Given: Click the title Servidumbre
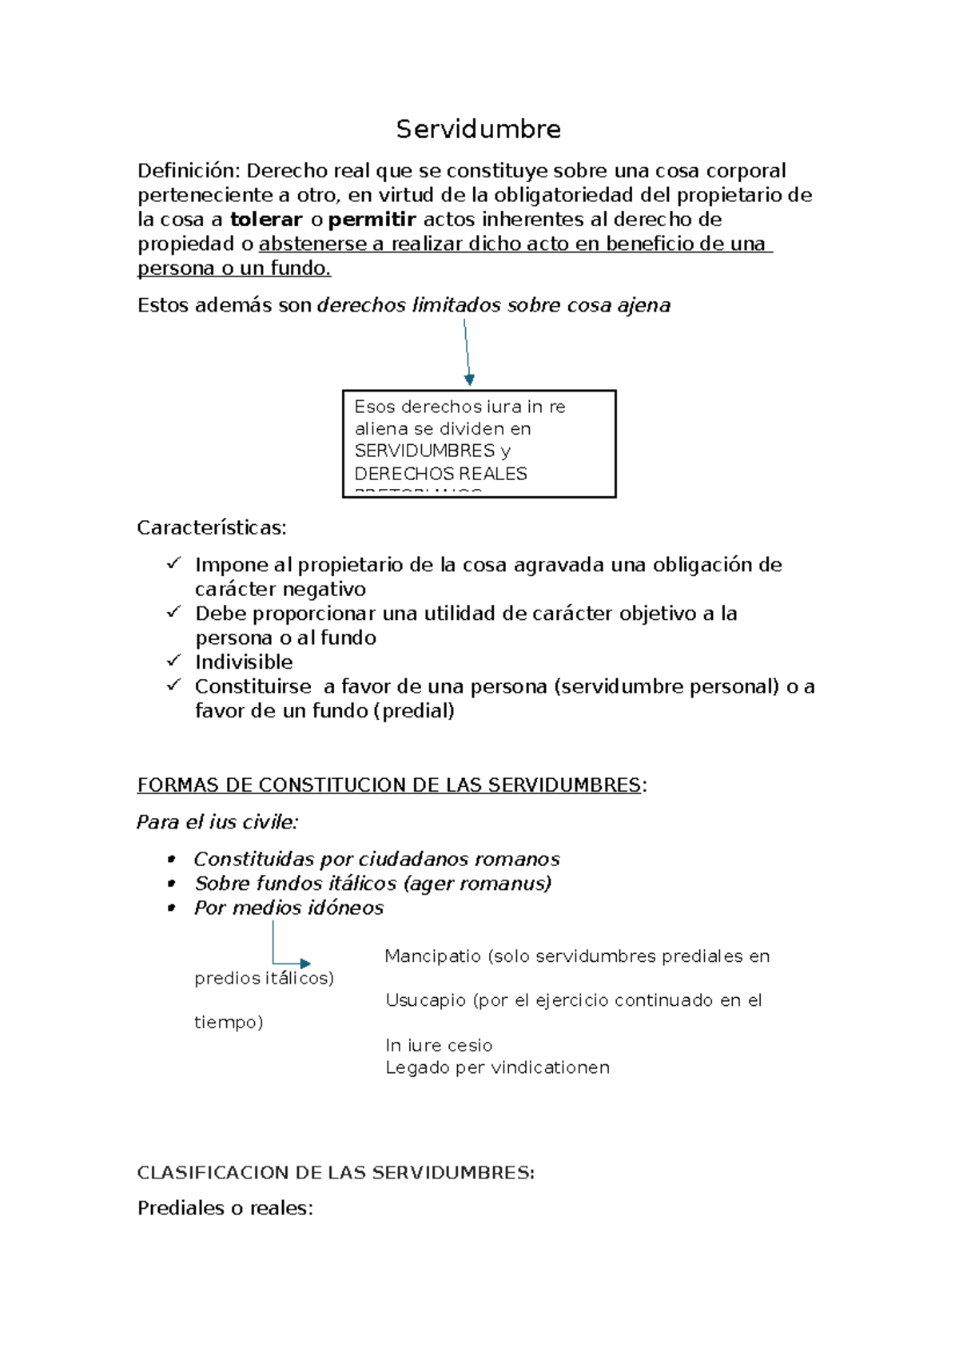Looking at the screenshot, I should pos(478,129).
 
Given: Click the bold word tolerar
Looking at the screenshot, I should pos(265,220).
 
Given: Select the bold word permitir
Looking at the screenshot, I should pos(372,220).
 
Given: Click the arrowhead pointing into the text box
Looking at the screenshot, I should pos(469,380).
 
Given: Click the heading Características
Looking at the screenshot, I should pos(211,528).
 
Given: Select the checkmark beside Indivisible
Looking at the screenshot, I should pos(173,661).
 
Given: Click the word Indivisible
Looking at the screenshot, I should pos(244,662).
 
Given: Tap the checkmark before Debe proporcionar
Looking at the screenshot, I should pos(173,612).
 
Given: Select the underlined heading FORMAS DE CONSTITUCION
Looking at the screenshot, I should pos(388,785).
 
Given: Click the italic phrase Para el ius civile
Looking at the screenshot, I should pos(217,822).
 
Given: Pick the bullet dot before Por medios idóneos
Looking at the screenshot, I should pos(171,908).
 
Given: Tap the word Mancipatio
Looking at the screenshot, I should pos(432,956).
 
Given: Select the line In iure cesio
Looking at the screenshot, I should pos(439,1045).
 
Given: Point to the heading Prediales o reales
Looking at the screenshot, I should pos(225,1208).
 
